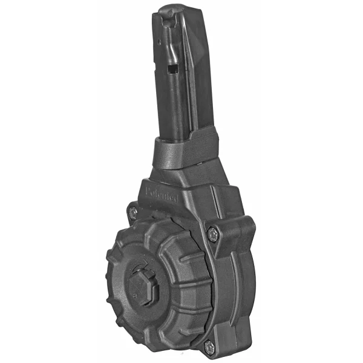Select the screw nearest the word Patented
[x=132, y=212]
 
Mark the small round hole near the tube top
[x=159, y=43]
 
